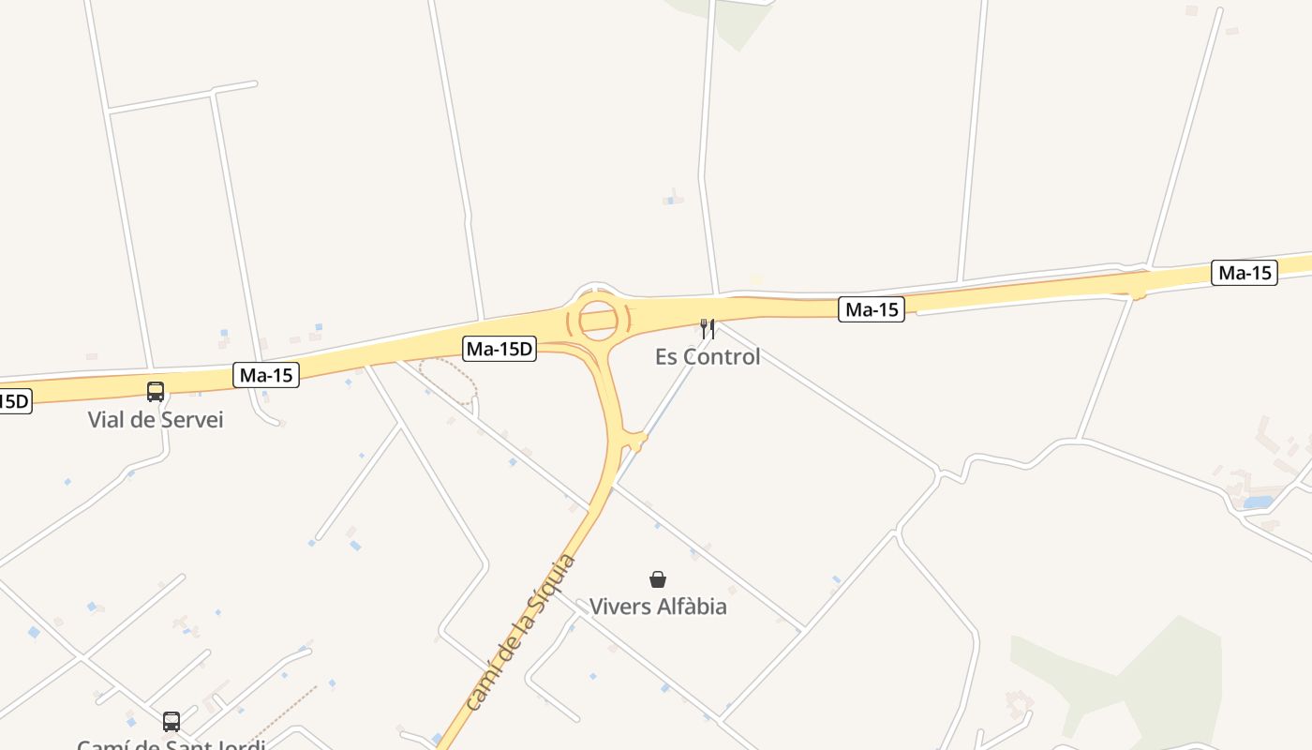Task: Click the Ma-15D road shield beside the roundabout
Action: coord(500,350)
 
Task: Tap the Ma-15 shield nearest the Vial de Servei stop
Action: coord(266,376)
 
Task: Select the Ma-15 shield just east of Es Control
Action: coord(872,309)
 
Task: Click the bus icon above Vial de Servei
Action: coord(156,392)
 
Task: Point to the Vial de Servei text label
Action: coord(156,419)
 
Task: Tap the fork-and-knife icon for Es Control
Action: coord(708,329)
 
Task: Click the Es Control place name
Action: coord(708,356)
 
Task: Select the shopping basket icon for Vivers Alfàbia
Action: coord(658,579)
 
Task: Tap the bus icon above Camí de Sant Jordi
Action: coord(171,721)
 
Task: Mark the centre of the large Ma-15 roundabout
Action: coord(598,320)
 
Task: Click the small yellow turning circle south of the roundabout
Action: coord(637,440)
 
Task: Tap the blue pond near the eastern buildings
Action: coord(1258,502)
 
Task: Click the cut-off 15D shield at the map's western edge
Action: coord(14,402)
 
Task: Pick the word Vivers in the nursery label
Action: coord(619,607)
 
